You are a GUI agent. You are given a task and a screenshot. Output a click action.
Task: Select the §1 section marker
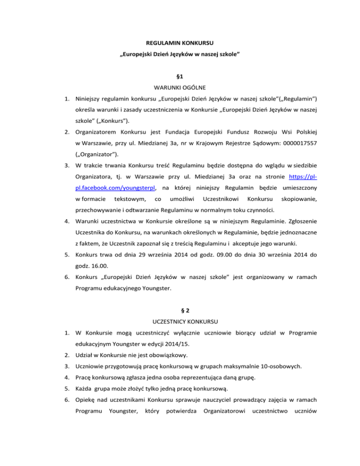pyautogui.click(x=180, y=75)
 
